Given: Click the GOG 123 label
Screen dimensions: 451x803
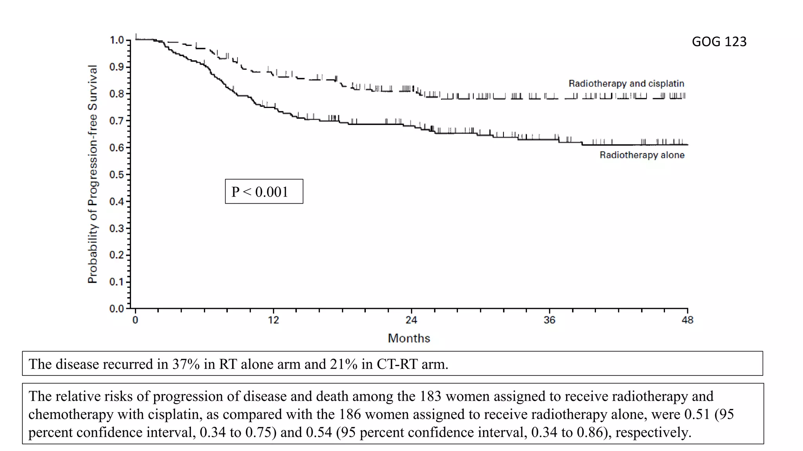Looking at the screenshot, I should pyautogui.click(x=719, y=41).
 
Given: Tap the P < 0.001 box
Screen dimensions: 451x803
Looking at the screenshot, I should pyautogui.click(x=264, y=191).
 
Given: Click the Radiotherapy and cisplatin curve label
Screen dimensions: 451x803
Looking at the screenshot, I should pyautogui.click(x=626, y=83).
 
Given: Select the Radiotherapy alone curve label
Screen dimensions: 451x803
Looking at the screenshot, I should pyautogui.click(x=642, y=155).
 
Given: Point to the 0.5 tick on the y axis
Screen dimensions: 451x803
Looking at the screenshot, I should pyautogui.click(x=117, y=175).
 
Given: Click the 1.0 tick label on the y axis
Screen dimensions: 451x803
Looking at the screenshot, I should pyautogui.click(x=116, y=40).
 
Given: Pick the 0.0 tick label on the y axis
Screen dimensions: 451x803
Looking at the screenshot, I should pyautogui.click(x=116, y=308).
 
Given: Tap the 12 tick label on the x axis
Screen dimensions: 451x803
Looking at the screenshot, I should pyautogui.click(x=273, y=320).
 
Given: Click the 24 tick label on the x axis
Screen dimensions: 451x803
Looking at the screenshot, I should pyautogui.click(x=411, y=320).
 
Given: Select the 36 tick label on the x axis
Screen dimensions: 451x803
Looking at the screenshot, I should pyautogui.click(x=549, y=320).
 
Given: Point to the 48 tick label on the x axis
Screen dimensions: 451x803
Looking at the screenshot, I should pyautogui.click(x=687, y=320).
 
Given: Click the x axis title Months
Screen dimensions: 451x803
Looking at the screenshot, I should pyautogui.click(x=409, y=338).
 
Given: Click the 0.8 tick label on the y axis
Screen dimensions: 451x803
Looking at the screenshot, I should pyautogui.click(x=116, y=94).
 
